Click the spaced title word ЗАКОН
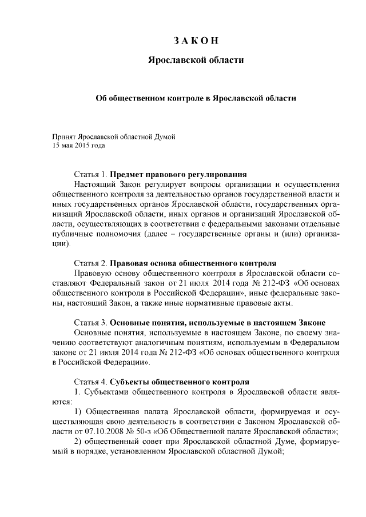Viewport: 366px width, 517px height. [x=196, y=40]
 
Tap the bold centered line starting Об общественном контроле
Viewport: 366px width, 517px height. [x=196, y=98]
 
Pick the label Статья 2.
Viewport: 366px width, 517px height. [x=90, y=263]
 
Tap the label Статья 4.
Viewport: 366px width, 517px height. [x=90, y=380]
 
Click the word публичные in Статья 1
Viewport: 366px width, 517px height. [x=70, y=234]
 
